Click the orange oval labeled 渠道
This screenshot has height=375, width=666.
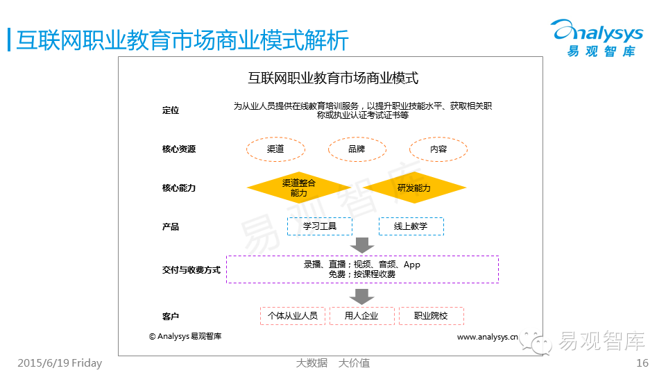(275, 149)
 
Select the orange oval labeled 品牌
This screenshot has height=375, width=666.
(357, 149)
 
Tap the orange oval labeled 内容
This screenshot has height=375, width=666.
(438, 149)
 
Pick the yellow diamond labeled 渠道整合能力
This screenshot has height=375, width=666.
(299, 187)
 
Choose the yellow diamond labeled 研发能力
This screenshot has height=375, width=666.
(414, 187)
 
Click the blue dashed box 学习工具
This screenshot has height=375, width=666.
(320, 226)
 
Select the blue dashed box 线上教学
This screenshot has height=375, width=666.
(411, 226)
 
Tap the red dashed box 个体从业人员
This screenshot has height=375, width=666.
(293, 316)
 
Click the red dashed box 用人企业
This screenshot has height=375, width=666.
(361, 316)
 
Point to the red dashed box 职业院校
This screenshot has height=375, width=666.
(431, 316)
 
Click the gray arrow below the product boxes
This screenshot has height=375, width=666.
(361, 244)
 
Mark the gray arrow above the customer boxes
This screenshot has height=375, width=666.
(361, 297)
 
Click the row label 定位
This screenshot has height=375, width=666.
(171, 110)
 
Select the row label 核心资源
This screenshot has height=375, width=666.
(179, 149)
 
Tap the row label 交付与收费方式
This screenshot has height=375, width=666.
(191, 269)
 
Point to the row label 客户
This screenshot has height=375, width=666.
(171, 317)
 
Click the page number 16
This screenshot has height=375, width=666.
(642, 362)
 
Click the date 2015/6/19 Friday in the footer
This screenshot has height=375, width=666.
(59, 362)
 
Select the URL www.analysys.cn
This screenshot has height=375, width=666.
(487, 337)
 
